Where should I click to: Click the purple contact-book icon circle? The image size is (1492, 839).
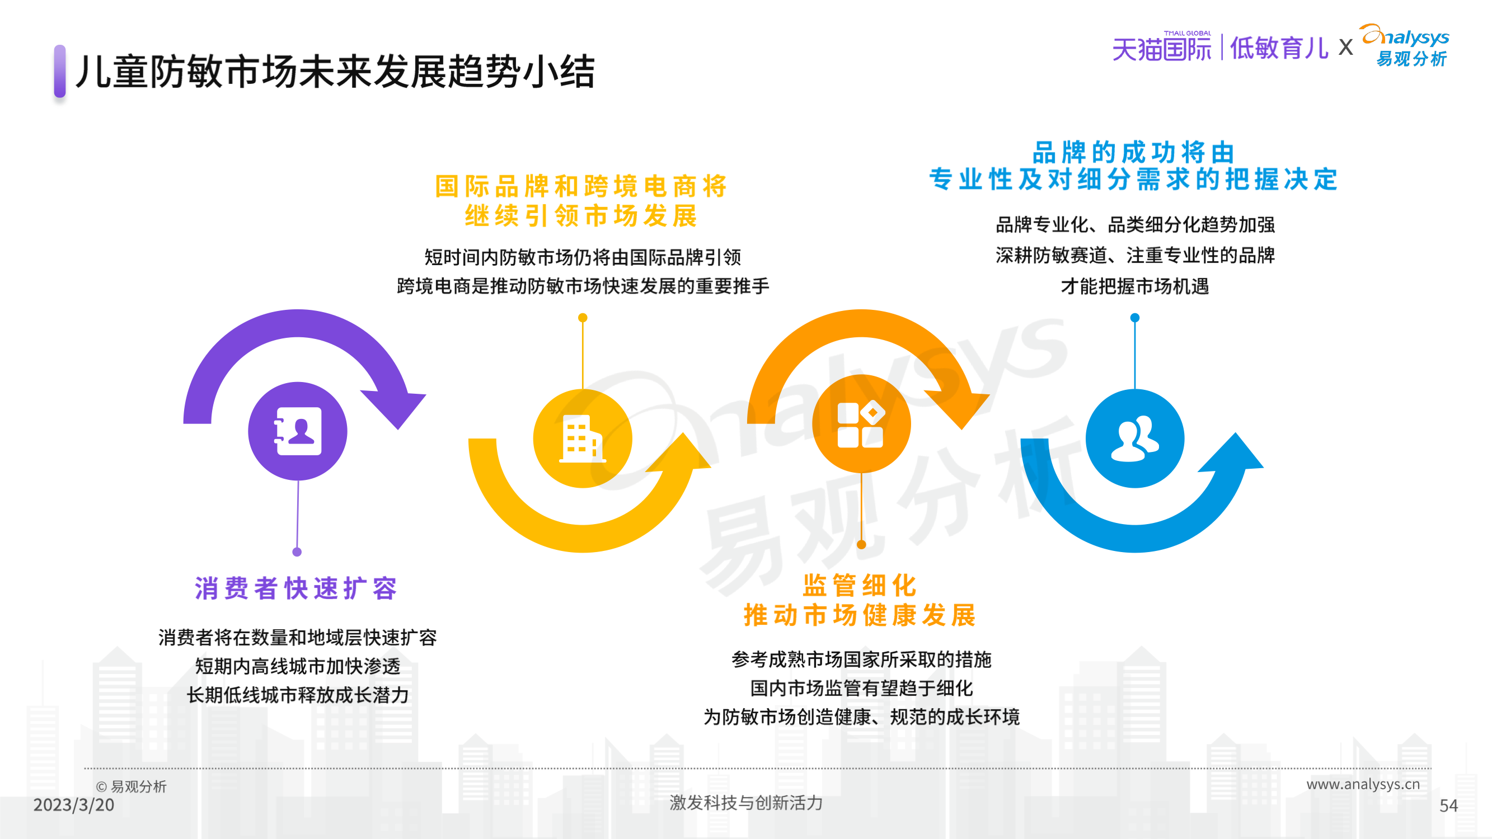[x=298, y=431]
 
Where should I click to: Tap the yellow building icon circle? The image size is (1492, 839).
[x=583, y=439]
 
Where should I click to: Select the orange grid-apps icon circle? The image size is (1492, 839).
[x=861, y=424]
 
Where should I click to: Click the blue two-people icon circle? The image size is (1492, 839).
[x=1134, y=439]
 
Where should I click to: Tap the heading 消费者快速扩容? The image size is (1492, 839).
[x=297, y=588]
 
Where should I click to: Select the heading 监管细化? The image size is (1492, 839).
[x=860, y=586]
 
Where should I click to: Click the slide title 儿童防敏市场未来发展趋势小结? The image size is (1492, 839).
[x=335, y=72]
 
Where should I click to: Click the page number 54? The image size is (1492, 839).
[x=1448, y=805]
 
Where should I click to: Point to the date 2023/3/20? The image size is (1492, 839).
[x=73, y=805]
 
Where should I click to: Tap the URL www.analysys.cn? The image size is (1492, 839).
[x=1363, y=784]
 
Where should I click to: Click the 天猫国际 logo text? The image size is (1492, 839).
[x=1161, y=49]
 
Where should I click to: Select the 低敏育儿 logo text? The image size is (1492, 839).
[x=1279, y=48]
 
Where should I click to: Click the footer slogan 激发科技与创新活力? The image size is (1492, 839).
[x=746, y=803]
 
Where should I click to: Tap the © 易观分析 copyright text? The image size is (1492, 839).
[x=131, y=786]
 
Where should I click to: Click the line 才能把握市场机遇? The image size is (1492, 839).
[x=1134, y=286]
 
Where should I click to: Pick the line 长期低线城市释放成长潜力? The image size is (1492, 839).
[x=298, y=695]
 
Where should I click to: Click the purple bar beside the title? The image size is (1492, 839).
[x=60, y=70]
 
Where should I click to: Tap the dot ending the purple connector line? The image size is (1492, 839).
[x=297, y=552]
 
